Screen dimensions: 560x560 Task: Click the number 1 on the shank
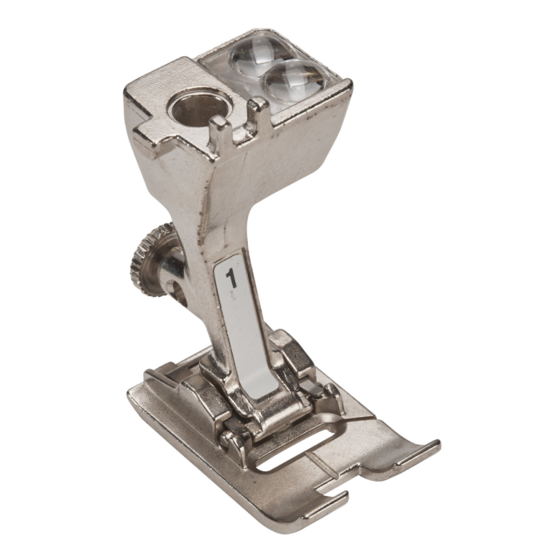point(232,278)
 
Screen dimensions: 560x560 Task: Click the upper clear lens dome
point(263,54)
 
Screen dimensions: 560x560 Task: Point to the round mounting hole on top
point(199,106)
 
